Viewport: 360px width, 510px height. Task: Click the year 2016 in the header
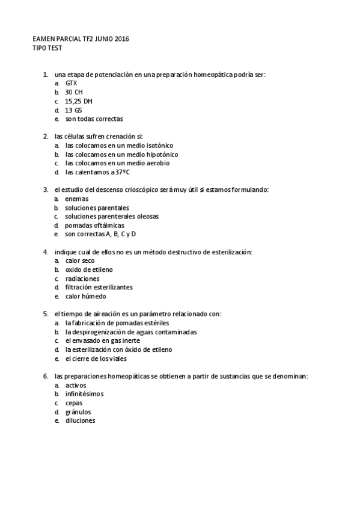click(121, 38)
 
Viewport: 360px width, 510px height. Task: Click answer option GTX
click(71, 84)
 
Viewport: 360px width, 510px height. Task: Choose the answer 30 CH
click(74, 93)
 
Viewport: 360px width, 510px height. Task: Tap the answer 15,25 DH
click(79, 102)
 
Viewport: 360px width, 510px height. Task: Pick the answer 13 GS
click(73, 111)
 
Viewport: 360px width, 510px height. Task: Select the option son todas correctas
click(94, 119)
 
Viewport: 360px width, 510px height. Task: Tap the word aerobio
click(155, 163)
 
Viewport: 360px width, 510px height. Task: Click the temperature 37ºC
click(121, 172)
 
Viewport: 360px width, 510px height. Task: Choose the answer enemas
click(77, 198)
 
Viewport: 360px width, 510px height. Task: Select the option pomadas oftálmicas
click(94, 225)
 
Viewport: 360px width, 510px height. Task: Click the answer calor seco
click(80, 261)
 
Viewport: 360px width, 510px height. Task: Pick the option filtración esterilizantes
click(99, 287)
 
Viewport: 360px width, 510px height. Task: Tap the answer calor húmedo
click(85, 296)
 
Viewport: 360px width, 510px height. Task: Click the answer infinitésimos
click(84, 394)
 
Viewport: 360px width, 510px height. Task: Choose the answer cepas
click(74, 403)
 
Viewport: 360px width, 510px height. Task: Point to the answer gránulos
click(78, 412)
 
